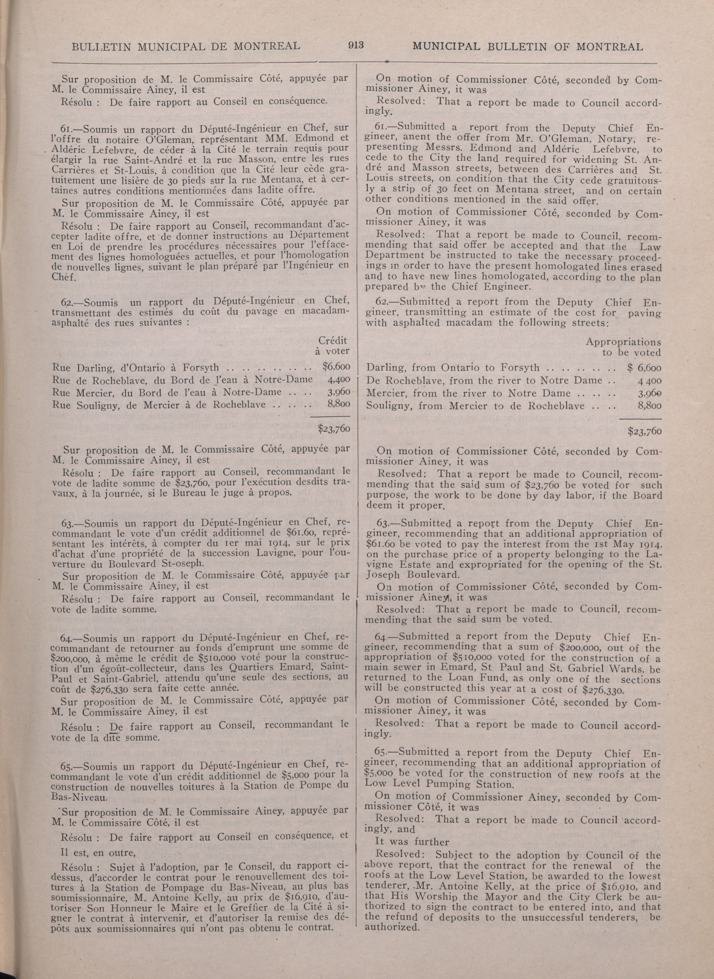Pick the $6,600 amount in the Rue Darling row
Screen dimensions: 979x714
click(336, 367)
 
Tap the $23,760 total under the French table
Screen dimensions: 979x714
click(333, 429)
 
